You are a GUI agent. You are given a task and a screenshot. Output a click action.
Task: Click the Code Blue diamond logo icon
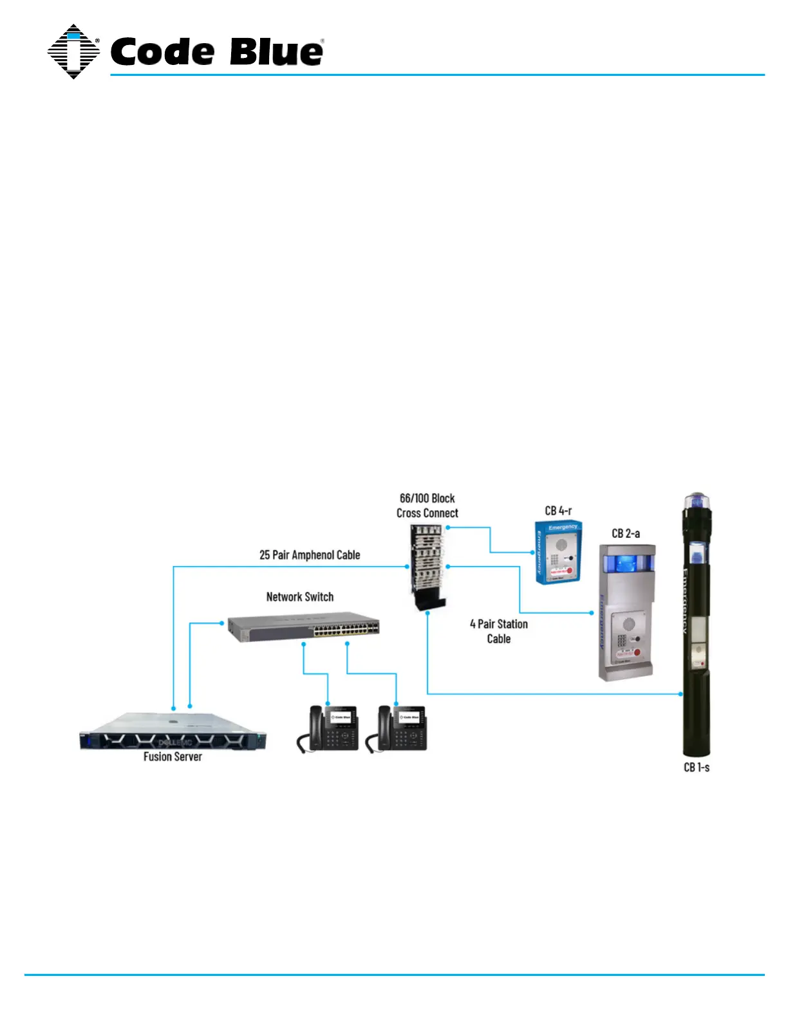pyautogui.click(x=73, y=51)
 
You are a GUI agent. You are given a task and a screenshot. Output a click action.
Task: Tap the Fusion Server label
pyautogui.click(x=173, y=757)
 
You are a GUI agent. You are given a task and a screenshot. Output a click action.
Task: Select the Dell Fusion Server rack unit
pyautogui.click(x=173, y=733)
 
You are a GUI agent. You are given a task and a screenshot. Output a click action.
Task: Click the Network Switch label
pyautogui.click(x=300, y=597)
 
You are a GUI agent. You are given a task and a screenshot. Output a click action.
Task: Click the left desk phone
pyautogui.click(x=328, y=728)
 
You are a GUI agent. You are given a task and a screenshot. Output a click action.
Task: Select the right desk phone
pyautogui.click(x=397, y=728)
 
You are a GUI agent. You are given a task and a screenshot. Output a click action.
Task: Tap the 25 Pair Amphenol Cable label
pyautogui.click(x=310, y=555)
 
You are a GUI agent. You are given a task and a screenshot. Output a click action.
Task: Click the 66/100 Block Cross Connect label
pyautogui.click(x=427, y=506)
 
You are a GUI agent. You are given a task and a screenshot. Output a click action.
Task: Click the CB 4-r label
pyautogui.click(x=558, y=511)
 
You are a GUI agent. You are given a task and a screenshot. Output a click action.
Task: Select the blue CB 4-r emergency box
pyautogui.click(x=558, y=552)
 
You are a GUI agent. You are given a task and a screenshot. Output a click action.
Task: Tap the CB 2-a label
pyautogui.click(x=626, y=533)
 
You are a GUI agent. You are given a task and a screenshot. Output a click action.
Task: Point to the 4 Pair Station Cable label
pyautogui.click(x=499, y=631)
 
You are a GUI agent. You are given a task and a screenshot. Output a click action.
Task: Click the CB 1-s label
pyautogui.click(x=697, y=767)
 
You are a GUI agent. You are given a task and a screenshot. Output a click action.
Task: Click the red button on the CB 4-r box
pyautogui.click(x=569, y=570)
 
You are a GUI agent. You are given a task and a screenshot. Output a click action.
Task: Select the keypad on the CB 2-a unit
pyautogui.click(x=622, y=641)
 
